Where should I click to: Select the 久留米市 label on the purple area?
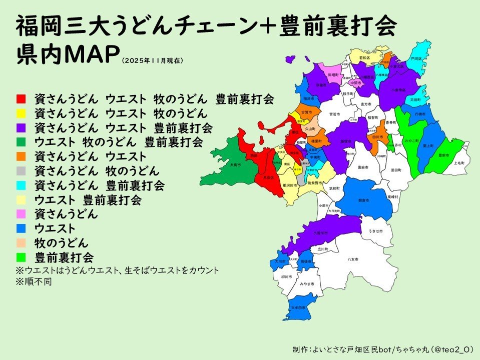(x=320, y=232)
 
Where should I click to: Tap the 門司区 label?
(x=416, y=58)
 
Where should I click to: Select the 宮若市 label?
(x=334, y=114)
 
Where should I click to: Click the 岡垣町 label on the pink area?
(x=333, y=74)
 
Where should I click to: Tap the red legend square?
(x=21, y=98)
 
